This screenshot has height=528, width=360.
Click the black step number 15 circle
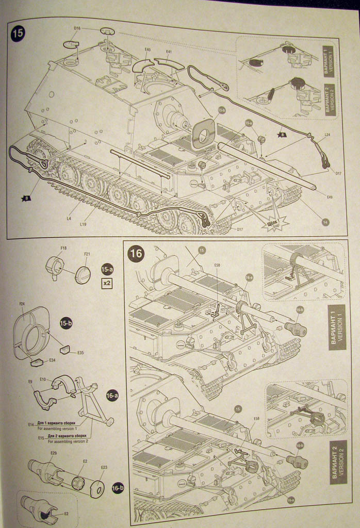(17, 34)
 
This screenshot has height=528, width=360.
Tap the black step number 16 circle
(137, 254)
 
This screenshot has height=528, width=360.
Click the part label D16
(77, 28)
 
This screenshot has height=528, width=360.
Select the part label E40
(148, 50)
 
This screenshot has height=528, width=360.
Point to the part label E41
(169, 52)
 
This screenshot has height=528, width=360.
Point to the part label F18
(63, 248)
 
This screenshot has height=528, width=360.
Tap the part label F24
(22, 304)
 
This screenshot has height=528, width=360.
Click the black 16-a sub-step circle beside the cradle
(112, 395)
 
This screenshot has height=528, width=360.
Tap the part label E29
(53, 453)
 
